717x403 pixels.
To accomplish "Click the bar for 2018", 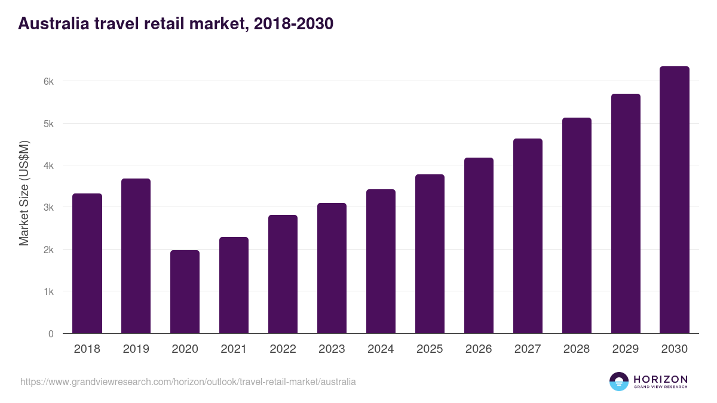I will pyautogui.click(x=87, y=263).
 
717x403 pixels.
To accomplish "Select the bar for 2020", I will pyautogui.click(x=185, y=292).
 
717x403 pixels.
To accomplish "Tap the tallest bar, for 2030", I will pyautogui.click(x=675, y=200).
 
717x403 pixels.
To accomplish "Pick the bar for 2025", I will pyautogui.click(x=430, y=254).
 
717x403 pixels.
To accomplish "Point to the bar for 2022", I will pyautogui.click(x=283, y=274).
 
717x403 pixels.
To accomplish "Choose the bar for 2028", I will pyautogui.click(x=577, y=226).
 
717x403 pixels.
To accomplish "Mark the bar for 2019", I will pyautogui.click(x=136, y=256).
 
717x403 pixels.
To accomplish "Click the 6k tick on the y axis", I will pyautogui.click(x=48, y=82).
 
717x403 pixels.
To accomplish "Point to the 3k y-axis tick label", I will pyautogui.click(x=48, y=208).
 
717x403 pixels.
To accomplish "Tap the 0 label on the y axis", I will pyautogui.click(x=51, y=334).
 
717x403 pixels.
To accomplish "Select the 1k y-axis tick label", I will pyautogui.click(x=48, y=292).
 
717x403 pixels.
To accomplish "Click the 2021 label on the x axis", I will pyautogui.click(x=234, y=349).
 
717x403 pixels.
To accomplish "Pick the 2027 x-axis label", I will pyautogui.click(x=528, y=349).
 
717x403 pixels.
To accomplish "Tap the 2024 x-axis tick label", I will pyautogui.click(x=381, y=349).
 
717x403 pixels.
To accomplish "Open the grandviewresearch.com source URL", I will pyautogui.click(x=188, y=382).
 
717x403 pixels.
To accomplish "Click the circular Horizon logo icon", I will pyautogui.click(x=618, y=382).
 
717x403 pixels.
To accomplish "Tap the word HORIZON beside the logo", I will pyautogui.click(x=660, y=379).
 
